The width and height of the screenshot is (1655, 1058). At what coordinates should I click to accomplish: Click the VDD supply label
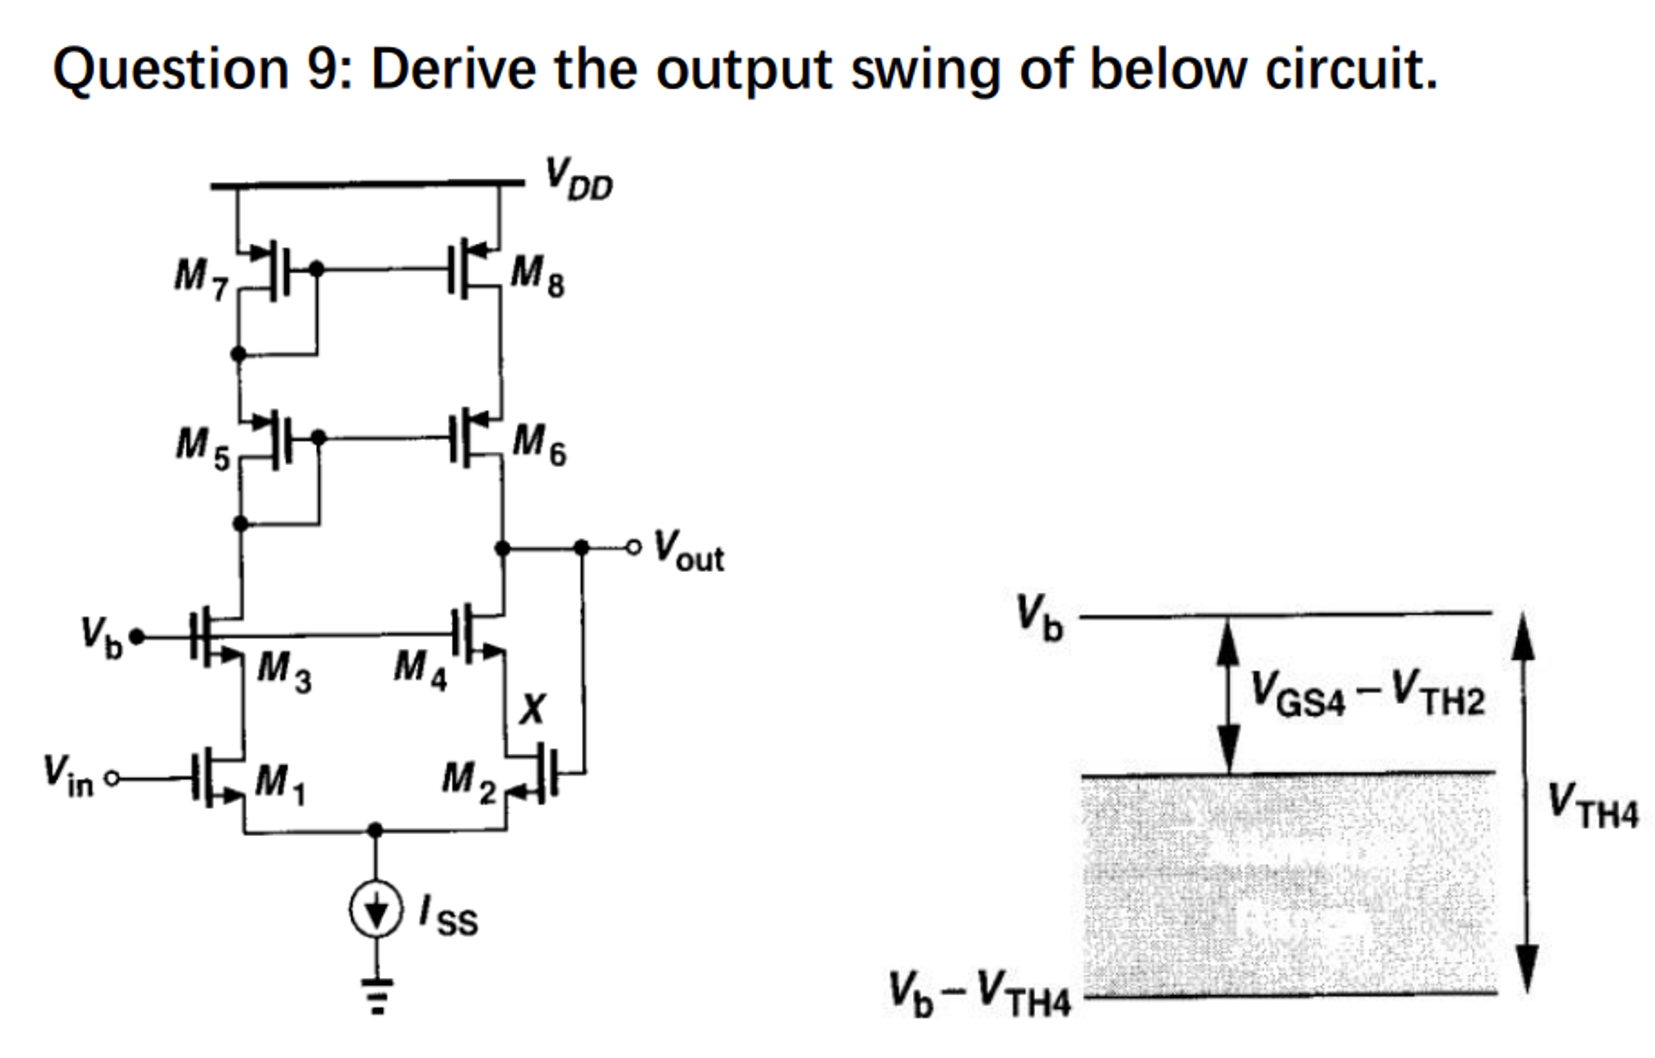pos(577,180)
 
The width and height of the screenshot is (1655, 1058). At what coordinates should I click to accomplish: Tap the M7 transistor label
pos(201,277)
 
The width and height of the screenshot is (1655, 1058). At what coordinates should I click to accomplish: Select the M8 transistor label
pos(538,275)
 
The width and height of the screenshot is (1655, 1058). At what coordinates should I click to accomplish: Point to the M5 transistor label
pos(203,448)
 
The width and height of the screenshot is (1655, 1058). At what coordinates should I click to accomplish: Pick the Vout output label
pos(689,551)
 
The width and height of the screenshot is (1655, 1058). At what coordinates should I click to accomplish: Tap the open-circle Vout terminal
pos(632,548)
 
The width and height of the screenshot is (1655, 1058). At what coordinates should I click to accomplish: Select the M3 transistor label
pos(284,669)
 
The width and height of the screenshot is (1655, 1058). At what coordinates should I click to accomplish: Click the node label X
pos(532,709)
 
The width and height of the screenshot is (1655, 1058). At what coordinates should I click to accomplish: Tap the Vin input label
pos(68,775)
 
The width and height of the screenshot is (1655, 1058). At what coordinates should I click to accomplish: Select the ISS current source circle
pos(375,909)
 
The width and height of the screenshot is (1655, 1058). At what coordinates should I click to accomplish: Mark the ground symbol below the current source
pos(375,993)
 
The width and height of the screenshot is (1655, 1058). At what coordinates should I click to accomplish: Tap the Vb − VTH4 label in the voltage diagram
pos(979,994)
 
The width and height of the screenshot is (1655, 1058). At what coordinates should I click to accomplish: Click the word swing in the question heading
pos(924,69)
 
